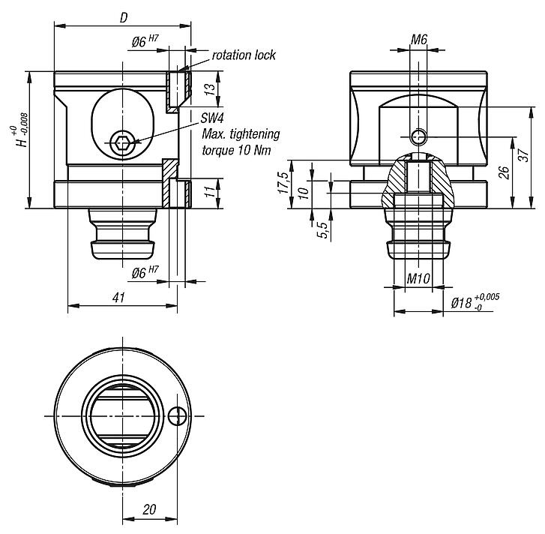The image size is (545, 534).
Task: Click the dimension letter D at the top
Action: point(124,17)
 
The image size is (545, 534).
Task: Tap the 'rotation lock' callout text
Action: point(244,55)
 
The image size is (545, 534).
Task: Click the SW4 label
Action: point(213,118)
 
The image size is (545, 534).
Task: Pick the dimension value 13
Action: point(211,88)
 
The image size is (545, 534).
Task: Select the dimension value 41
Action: point(118,298)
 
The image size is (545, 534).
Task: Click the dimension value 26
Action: point(505,171)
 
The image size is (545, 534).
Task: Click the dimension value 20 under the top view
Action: point(149,509)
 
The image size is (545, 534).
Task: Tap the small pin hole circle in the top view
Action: point(177,415)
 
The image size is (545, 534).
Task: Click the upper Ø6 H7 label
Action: point(145,43)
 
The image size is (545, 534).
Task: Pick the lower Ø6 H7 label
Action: point(145,273)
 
